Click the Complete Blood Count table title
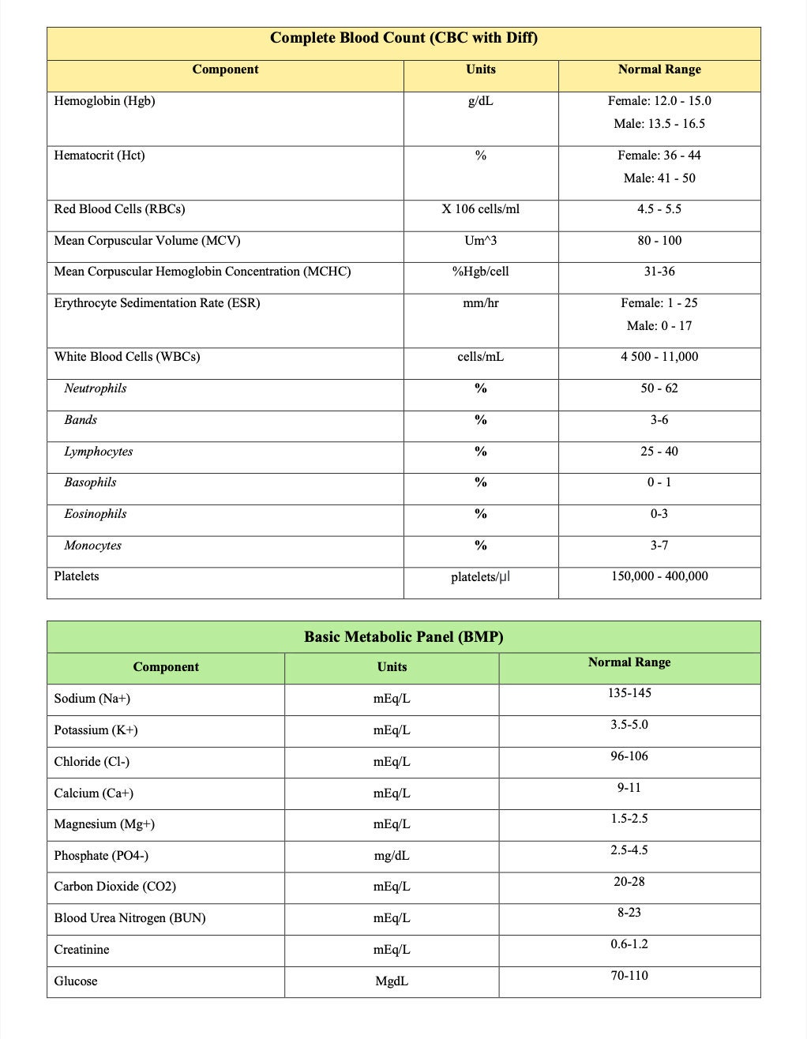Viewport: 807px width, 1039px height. [403, 38]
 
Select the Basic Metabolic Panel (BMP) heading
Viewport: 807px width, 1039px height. [403, 636]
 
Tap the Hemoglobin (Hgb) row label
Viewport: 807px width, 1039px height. [104, 101]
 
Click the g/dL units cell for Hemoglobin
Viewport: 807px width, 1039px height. [480, 101]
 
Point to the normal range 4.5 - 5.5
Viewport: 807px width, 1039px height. [659, 209]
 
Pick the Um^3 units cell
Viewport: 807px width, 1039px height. [480, 241]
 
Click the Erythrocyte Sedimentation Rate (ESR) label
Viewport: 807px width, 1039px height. [156, 303]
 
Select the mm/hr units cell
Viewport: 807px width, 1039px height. [480, 303]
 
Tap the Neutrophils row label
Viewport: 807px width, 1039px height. [95, 388]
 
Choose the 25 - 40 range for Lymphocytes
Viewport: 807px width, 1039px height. [659, 452]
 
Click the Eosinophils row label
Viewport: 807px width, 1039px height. [95, 514]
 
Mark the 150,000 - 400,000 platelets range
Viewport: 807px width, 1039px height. [659, 576]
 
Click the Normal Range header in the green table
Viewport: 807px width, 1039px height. [629, 662]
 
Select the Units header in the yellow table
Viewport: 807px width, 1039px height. [480, 69]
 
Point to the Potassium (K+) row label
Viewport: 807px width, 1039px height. [96, 730]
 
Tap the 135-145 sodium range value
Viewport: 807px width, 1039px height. [629, 693]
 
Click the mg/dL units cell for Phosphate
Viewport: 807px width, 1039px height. [392, 856]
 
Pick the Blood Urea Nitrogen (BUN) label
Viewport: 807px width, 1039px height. [129, 918]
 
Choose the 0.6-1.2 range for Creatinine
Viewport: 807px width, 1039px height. [629, 944]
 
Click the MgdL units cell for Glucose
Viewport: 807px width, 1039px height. [392, 981]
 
